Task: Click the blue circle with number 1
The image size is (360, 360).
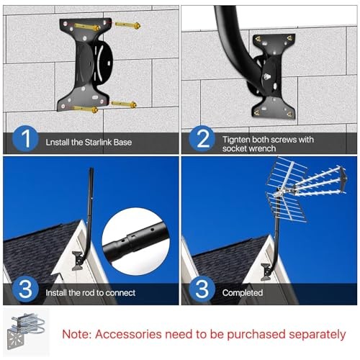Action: click(25, 139)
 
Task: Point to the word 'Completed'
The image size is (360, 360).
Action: click(243, 293)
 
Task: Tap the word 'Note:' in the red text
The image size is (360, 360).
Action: click(76, 334)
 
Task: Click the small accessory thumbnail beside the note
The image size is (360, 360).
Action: click(26, 333)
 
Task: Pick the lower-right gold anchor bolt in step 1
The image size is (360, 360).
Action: click(124, 105)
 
